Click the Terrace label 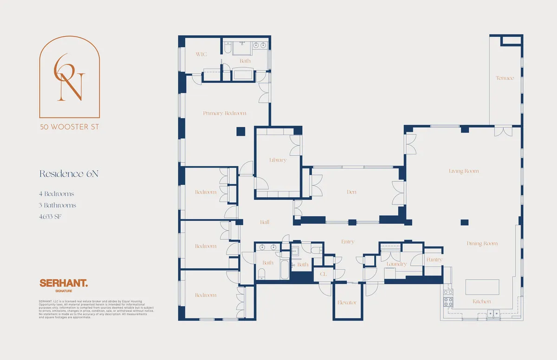pyautogui.click(x=505, y=78)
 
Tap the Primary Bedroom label pyautogui.click(x=225, y=113)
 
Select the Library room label pyautogui.click(x=278, y=160)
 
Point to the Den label pyautogui.click(x=351, y=192)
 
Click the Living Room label pyautogui.click(x=464, y=171)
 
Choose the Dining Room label pyautogui.click(x=482, y=243)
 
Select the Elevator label pyautogui.click(x=347, y=302)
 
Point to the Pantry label pyautogui.click(x=434, y=260)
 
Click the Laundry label pyautogui.click(x=396, y=264)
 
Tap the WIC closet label pyautogui.click(x=201, y=54)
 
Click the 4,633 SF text pyautogui.click(x=51, y=216)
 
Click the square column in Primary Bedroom pyautogui.click(x=240, y=131)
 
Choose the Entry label pyautogui.click(x=347, y=242)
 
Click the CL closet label pyautogui.click(x=323, y=274)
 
